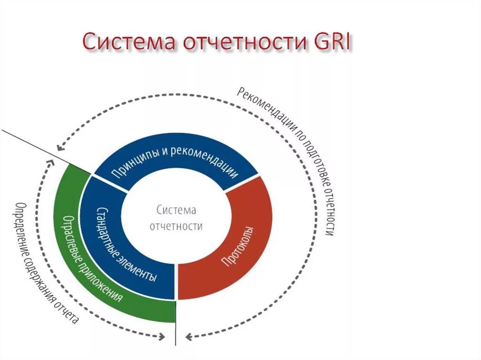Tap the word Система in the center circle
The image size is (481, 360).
[176, 210]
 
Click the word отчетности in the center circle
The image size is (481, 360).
[176, 226]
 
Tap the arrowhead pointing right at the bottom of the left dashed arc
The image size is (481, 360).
[162, 336]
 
